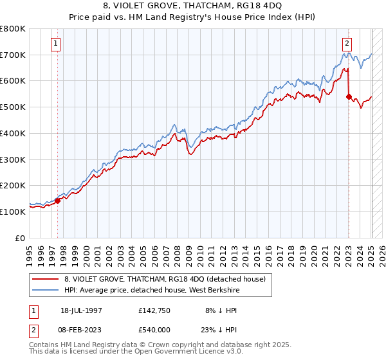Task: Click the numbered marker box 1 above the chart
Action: (56, 44)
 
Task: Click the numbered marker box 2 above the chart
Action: (347, 44)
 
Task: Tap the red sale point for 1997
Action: (57, 200)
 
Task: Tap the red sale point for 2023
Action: (349, 96)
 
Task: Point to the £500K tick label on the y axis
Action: (13, 107)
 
